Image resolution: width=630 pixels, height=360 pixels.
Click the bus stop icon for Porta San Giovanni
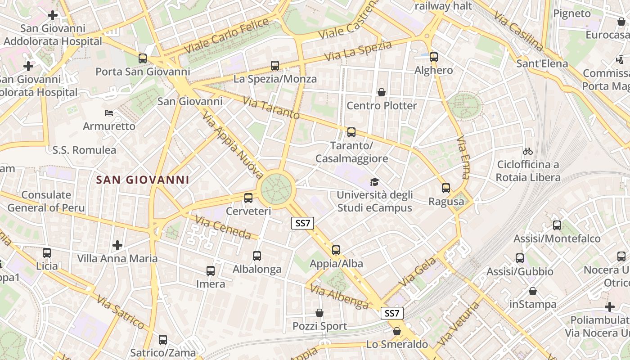point(143,58)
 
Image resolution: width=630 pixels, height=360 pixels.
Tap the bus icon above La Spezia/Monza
point(275,66)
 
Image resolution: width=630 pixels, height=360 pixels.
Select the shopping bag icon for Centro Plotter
point(382,92)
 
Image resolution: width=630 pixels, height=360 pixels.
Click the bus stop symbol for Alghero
point(434,57)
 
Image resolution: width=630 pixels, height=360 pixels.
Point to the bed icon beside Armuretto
point(109,112)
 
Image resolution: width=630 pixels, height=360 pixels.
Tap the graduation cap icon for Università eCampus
point(374,182)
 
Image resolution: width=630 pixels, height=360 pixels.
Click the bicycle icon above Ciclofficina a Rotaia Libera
point(528,151)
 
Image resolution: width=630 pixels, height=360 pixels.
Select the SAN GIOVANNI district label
point(143,180)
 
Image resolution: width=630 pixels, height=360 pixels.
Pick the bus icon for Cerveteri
point(248,198)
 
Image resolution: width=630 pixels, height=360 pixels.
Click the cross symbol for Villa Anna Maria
point(117,245)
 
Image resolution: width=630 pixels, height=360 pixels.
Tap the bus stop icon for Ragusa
point(446,188)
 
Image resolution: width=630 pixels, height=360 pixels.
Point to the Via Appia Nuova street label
point(233,145)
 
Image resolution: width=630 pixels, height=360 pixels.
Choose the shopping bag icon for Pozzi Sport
point(319,313)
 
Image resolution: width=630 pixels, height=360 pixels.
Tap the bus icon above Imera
point(211,271)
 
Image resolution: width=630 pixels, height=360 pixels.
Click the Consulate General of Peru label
point(46,201)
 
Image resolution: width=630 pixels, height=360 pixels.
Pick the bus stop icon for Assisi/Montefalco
point(557,225)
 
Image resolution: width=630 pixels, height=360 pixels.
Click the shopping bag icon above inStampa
point(533,291)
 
